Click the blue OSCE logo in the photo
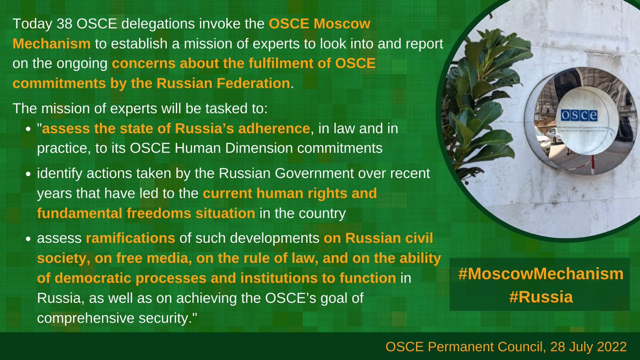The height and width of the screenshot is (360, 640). click(x=579, y=115)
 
